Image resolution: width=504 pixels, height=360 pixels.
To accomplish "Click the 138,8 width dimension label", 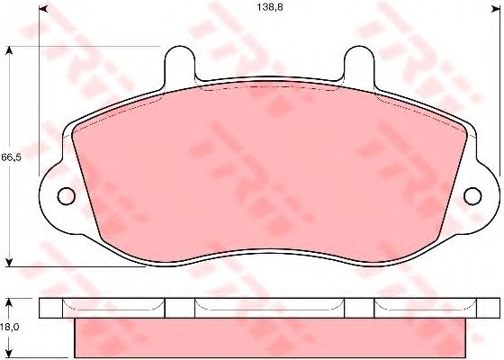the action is [270, 7].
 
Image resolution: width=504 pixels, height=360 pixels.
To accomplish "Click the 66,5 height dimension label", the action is [11, 157].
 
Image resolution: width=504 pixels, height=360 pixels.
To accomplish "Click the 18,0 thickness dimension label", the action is [10, 328].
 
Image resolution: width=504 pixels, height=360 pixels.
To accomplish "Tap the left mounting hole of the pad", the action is [67, 196].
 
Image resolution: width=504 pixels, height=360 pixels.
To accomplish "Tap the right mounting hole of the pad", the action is [472, 196].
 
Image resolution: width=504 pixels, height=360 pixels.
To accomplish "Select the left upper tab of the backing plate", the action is [180, 63].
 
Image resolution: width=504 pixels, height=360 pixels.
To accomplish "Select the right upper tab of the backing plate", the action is [359, 63].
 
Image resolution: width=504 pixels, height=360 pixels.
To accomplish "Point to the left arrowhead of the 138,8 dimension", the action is [43, 9].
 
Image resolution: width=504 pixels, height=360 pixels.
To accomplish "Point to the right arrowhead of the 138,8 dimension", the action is [496, 9].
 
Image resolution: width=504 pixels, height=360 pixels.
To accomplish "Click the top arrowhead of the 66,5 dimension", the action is [9, 50].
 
